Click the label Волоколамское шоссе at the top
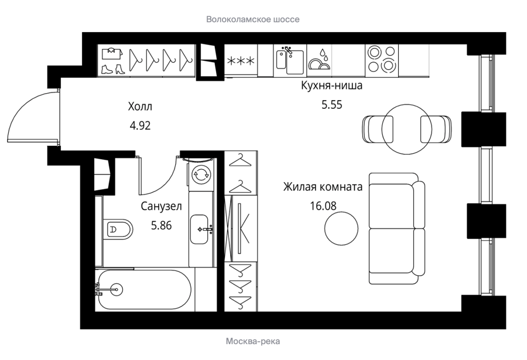pyautogui.click(x=253, y=19)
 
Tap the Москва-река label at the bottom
pyautogui.click(x=253, y=341)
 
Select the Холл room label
pyautogui.click(x=140, y=107)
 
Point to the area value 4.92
pyautogui.click(x=140, y=126)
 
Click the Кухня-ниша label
pyautogui.click(x=332, y=85)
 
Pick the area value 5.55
pyautogui.click(x=332, y=105)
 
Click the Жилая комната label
pyautogui.click(x=323, y=187)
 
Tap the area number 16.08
pyautogui.click(x=323, y=205)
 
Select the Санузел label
pyautogui.click(x=162, y=206)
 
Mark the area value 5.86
pyautogui.click(x=162, y=225)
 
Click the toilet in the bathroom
pyautogui.click(x=118, y=229)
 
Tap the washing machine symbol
pyautogui.click(x=201, y=174)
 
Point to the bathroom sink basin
pyautogui.click(x=199, y=229)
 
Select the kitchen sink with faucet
pyautogui.click(x=290, y=60)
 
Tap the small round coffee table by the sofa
pyautogui.click(x=341, y=228)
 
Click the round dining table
pyautogui.click(x=407, y=129)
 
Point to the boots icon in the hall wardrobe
pyautogui.click(x=113, y=70)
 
